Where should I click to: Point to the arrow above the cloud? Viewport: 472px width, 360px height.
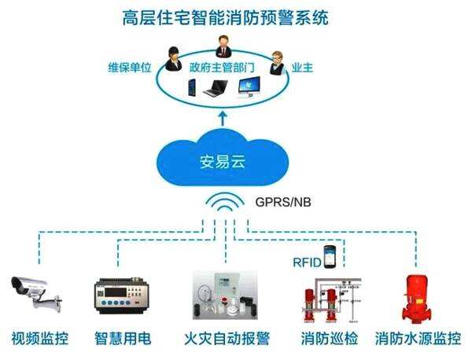point(222,119)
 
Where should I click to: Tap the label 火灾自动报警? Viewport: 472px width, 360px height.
point(227,340)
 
